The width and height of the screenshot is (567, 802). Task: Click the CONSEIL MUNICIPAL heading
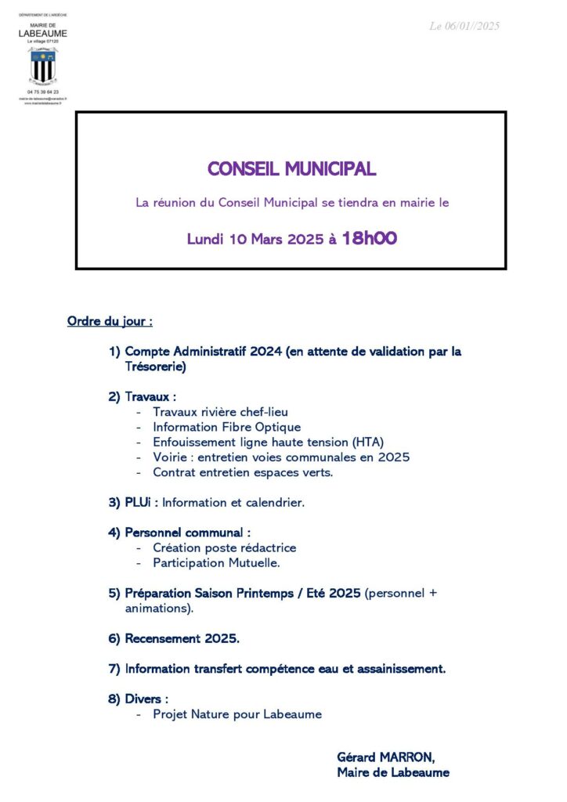(291, 169)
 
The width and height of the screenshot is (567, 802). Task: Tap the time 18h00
(370, 239)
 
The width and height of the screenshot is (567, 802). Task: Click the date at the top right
(464, 27)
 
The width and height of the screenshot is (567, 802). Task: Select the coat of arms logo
(43, 66)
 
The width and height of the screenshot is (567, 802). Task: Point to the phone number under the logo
(43, 92)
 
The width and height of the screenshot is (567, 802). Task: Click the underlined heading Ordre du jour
(110, 321)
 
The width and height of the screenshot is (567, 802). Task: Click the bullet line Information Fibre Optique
(226, 427)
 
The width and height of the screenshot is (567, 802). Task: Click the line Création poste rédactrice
(225, 547)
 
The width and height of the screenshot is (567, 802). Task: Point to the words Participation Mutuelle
(216, 562)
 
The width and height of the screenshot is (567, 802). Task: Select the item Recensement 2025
(182, 638)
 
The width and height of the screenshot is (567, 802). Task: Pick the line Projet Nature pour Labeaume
(237, 714)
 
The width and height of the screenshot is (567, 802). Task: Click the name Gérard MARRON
(385, 757)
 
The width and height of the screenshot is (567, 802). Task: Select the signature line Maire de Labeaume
(393, 772)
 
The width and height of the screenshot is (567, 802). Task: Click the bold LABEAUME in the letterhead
(43, 34)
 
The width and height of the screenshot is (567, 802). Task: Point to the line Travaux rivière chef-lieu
(226, 412)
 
